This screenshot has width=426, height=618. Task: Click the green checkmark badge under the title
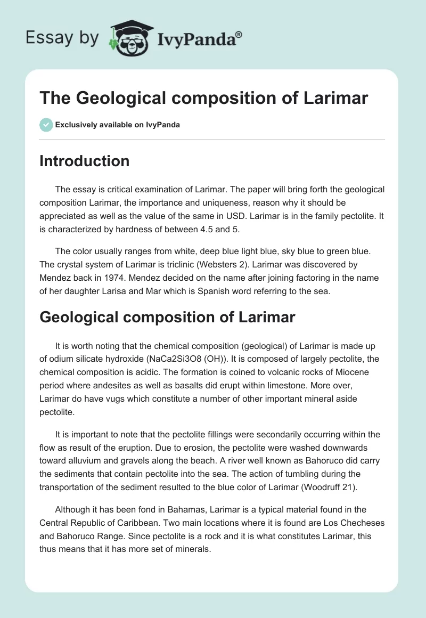point(46,125)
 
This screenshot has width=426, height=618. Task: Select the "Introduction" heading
point(84,161)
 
